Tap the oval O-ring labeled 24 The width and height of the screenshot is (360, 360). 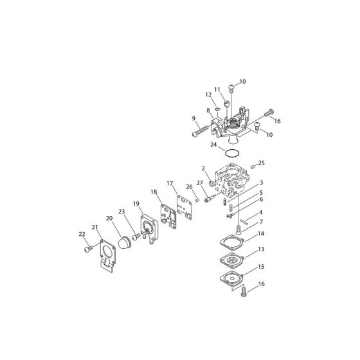coord(233,153)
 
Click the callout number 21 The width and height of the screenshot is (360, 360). coord(94,228)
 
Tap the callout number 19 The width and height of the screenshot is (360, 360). coord(136,204)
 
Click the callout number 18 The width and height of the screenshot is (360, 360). coord(154,192)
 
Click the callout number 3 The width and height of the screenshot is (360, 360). coord(261,183)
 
